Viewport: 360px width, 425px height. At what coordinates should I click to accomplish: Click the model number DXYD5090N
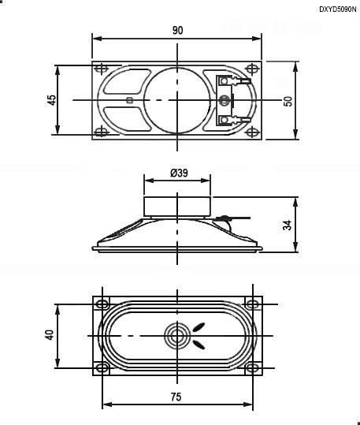tap(337, 9)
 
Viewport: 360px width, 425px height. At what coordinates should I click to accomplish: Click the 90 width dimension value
tap(177, 30)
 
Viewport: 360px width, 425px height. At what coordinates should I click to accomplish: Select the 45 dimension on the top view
tap(52, 100)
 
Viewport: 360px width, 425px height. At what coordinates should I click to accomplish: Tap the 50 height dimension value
tap(288, 101)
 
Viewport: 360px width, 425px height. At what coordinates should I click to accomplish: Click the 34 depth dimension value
tap(288, 225)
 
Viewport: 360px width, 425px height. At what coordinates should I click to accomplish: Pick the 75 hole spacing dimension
tap(177, 397)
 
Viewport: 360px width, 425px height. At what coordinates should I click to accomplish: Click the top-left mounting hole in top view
tap(101, 69)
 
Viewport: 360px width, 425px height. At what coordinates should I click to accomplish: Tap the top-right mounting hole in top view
tap(253, 69)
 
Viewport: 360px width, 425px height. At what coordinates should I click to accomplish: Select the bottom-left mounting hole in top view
tap(101, 132)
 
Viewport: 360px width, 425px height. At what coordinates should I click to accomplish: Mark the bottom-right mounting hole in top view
tap(253, 132)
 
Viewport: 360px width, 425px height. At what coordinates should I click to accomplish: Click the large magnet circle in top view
tap(177, 99)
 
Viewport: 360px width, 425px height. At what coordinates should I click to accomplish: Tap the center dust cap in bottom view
tap(177, 337)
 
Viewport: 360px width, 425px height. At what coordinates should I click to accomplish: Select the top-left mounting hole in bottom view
tap(102, 304)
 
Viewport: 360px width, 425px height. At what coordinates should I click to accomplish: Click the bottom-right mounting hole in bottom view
tap(253, 367)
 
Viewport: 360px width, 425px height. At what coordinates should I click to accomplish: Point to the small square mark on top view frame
tap(129, 99)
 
